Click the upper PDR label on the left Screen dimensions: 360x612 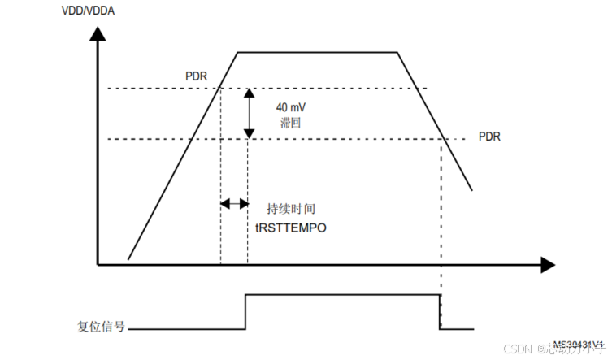point(196,77)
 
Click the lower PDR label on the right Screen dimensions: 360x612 point(488,137)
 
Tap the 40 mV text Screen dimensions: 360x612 point(290,106)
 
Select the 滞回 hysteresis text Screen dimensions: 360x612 point(289,123)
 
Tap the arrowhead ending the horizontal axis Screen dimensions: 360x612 point(547,264)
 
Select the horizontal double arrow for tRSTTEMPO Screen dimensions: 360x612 point(235,203)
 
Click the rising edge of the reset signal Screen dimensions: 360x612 point(245,312)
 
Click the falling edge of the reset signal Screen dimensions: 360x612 point(440,312)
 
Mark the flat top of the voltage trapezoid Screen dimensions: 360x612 point(317,52)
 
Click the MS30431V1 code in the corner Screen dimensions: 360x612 point(578,345)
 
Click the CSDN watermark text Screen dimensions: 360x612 point(516,349)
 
